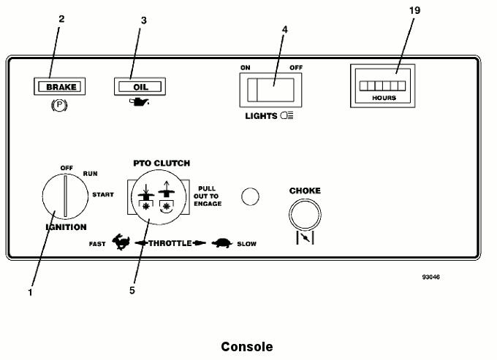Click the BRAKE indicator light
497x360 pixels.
click(x=61, y=88)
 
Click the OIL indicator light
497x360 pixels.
click(x=140, y=88)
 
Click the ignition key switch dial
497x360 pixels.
click(x=65, y=195)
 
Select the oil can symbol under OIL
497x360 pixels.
click(x=140, y=105)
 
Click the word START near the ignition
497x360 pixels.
click(x=103, y=195)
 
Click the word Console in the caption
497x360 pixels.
click(x=247, y=347)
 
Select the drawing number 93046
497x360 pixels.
click(x=430, y=278)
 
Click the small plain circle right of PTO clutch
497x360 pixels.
click(x=250, y=196)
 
